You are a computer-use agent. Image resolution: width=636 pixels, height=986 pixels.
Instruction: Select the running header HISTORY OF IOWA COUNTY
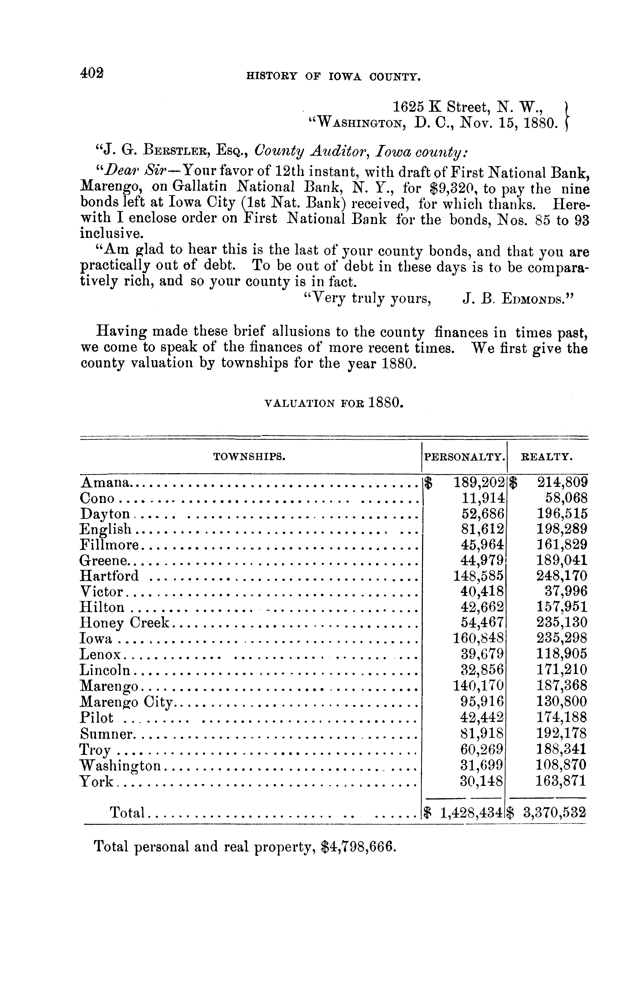point(333,76)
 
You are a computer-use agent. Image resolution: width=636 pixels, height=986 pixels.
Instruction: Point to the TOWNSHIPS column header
point(249,456)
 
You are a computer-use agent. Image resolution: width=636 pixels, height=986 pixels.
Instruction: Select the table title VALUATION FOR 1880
point(333,402)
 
